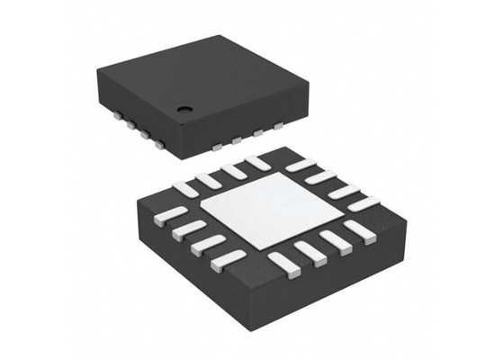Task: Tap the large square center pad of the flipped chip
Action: click(x=262, y=211)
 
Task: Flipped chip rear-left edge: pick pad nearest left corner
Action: click(x=185, y=189)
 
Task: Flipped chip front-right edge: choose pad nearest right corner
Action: click(x=359, y=231)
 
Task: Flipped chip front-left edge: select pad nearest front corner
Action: click(x=227, y=260)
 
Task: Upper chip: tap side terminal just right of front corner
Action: click(x=218, y=144)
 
